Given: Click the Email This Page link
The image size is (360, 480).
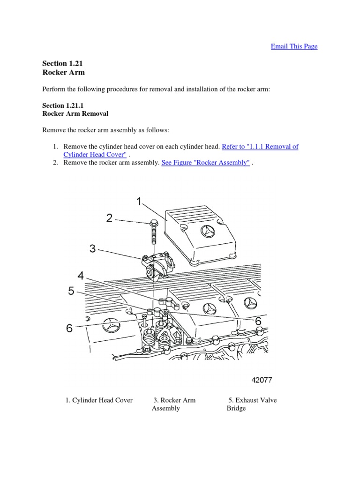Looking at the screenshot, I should point(294,46).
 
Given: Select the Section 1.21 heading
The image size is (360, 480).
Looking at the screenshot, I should point(59,63).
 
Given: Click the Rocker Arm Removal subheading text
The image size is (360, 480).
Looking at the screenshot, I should point(75,113).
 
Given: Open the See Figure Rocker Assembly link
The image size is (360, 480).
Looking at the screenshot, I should point(205,163).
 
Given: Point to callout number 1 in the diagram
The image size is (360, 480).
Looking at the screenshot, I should point(138,202).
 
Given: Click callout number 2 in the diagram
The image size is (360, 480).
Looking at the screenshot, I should point(109,218).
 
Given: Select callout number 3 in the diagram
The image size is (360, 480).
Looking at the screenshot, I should point(93,248).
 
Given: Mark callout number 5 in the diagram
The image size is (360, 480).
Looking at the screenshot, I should point(71,292).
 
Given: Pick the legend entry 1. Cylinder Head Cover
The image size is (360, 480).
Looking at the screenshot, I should point(99,400).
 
